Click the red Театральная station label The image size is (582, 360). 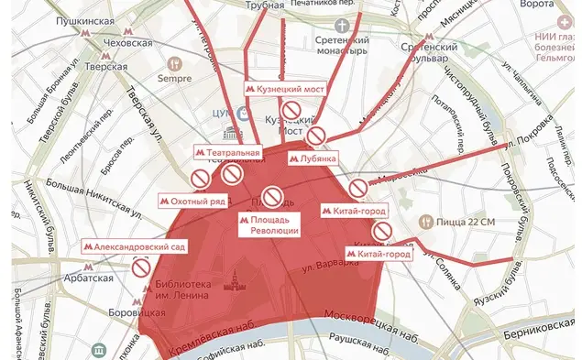point(228,152)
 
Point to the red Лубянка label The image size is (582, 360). point(313,158)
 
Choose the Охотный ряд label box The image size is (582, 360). point(191,198)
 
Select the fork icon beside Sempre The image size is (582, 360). point(173,65)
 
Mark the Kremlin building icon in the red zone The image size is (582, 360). point(240,280)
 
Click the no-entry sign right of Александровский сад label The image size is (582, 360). point(140,267)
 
